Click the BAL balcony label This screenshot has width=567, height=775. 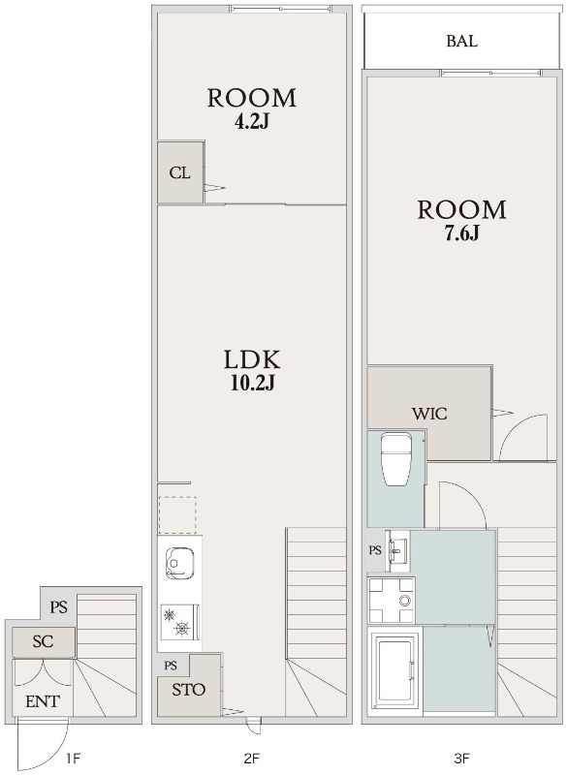(x=461, y=41)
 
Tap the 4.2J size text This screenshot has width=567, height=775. (x=252, y=122)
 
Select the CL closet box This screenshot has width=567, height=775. (x=180, y=172)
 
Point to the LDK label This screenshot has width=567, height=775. (x=252, y=359)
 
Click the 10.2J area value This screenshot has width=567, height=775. (x=252, y=383)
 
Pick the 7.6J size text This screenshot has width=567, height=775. (x=461, y=233)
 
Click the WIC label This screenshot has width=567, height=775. (x=429, y=413)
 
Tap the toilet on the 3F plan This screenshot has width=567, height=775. (x=397, y=459)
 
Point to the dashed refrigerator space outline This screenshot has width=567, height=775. (x=177, y=515)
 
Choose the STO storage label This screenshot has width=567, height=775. (x=188, y=690)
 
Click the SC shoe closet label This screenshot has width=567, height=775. (x=43, y=641)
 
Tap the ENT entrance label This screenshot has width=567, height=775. (x=43, y=701)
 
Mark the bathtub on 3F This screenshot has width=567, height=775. (x=395, y=670)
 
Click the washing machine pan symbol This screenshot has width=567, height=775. (x=391, y=600)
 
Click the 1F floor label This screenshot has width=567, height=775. (x=73, y=758)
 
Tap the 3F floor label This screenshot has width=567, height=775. (x=461, y=758)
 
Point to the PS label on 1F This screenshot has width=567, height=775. (x=59, y=606)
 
